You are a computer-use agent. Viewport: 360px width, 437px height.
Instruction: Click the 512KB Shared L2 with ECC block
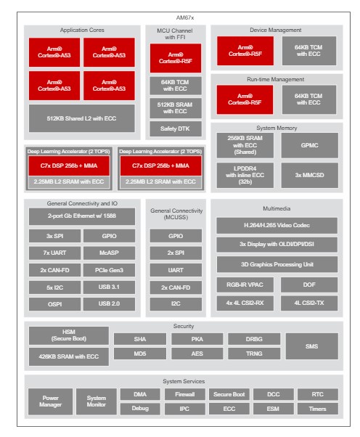tap(81, 118)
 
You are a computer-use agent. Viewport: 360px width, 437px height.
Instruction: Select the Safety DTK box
tap(176, 128)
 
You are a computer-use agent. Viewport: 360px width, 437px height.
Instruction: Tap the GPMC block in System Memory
tap(310, 145)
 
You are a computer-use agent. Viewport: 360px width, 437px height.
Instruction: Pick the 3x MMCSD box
tap(310, 175)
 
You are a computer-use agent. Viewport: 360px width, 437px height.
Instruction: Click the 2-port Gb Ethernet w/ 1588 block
tap(82, 216)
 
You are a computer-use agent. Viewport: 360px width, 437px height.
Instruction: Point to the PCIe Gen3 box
tap(109, 270)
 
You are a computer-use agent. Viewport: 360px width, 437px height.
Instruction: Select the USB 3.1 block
tap(109, 287)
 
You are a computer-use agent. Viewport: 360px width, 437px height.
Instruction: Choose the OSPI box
tap(54, 304)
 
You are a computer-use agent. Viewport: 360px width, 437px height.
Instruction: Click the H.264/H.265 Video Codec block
tap(277, 225)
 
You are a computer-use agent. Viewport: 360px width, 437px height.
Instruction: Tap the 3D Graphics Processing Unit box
tap(277, 264)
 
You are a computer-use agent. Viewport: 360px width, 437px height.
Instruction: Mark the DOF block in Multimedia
tap(309, 285)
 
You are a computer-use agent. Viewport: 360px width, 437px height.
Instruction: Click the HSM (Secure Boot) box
tap(69, 335)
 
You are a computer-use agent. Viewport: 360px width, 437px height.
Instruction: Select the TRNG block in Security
tap(254, 354)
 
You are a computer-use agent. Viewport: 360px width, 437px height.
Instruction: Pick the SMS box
tap(312, 346)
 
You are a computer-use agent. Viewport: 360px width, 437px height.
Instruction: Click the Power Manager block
tap(50, 401)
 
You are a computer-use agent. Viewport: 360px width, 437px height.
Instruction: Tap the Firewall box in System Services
tap(185, 394)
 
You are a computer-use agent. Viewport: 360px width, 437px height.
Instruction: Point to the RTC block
tap(318, 394)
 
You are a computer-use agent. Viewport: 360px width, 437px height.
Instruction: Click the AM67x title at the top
tap(185, 18)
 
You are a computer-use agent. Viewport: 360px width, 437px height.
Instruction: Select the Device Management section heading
tap(276, 30)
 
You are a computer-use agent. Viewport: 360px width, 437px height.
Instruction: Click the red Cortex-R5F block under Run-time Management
tap(245, 99)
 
